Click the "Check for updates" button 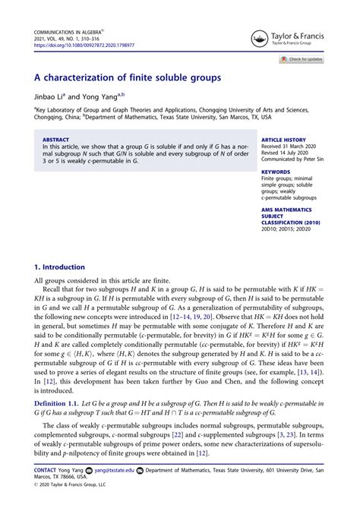click(302, 59)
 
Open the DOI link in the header click(84, 45)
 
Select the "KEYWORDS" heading click(275, 172)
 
